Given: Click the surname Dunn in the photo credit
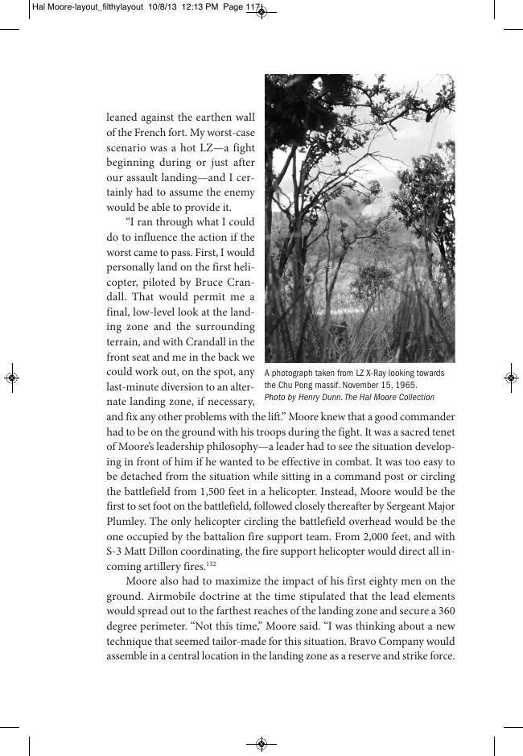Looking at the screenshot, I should point(333,398).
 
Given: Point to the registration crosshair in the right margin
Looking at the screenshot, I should point(512,377).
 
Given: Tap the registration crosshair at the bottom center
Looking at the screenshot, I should point(261,744).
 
